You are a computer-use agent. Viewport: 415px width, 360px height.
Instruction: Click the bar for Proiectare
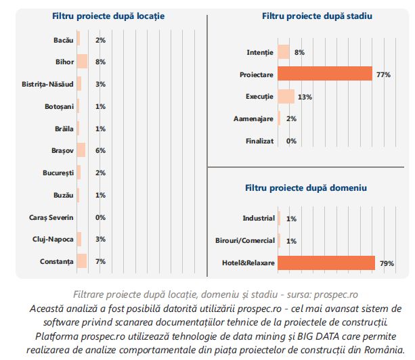pyautogui.click(x=325, y=74)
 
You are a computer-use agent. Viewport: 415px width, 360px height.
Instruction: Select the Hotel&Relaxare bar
pyautogui.click(x=326, y=263)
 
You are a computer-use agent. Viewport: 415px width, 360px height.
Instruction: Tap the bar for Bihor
pyautogui.click(x=82, y=62)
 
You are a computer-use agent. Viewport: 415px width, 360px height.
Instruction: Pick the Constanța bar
pyautogui.click(x=81, y=261)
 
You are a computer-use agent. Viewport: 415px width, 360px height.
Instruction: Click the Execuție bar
pyautogui.click(x=286, y=96)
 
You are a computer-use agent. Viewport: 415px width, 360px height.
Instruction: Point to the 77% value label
pyautogui.click(x=383, y=74)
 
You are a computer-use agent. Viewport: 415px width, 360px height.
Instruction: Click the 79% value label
pyautogui.click(x=387, y=263)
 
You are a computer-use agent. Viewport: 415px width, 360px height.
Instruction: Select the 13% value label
pyautogui.click(x=305, y=97)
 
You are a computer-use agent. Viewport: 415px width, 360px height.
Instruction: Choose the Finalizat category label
pyautogui.click(x=259, y=141)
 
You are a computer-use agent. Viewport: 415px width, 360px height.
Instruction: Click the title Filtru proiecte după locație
pyautogui.click(x=108, y=15)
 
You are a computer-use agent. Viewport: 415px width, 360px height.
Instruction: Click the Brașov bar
pyautogui.click(x=81, y=150)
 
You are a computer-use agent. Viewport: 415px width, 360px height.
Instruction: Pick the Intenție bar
pyautogui.click(x=283, y=51)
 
